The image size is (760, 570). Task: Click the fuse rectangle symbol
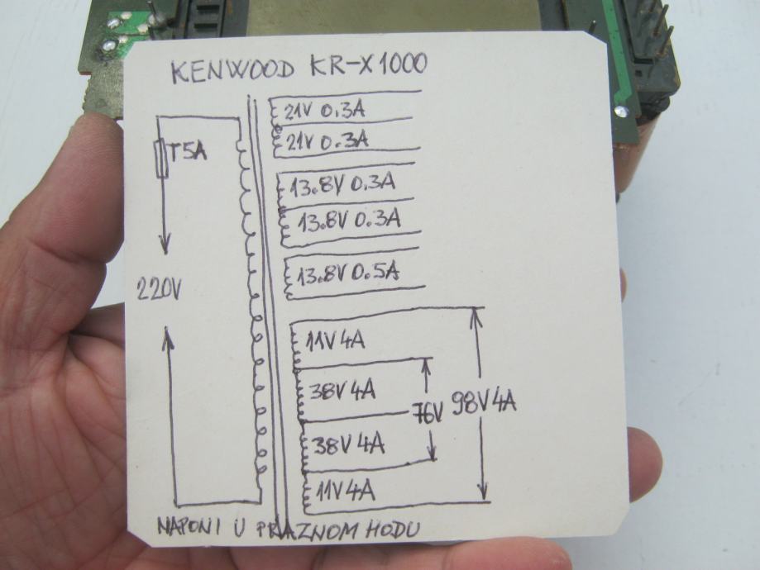tap(161, 159)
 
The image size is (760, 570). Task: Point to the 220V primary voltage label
tap(158, 288)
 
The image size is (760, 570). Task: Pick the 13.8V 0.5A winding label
tap(348, 273)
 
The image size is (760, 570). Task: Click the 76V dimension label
tap(428, 411)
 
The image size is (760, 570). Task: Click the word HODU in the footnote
tap(388, 530)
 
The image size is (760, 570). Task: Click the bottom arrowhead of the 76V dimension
tap(432, 455)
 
